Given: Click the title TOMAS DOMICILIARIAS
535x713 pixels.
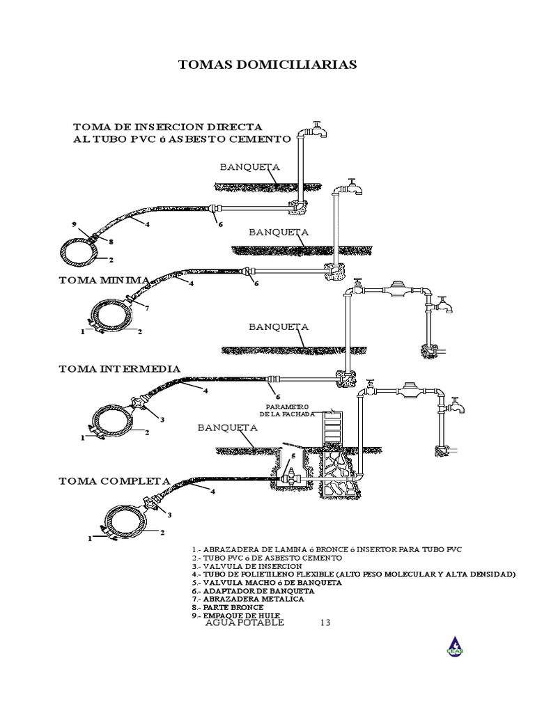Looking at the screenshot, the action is pyautogui.click(x=267, y=65).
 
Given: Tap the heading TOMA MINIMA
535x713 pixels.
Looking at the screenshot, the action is pyautogui.click(x=104, y=280).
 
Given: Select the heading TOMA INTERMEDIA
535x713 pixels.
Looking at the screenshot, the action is pyautogui.click(x=120, y=369).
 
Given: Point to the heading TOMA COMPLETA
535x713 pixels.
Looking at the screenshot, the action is pyautogui.click(x=114, y=481).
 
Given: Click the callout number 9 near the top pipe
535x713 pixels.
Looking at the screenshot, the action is pyautogui.click(x=74, y=224).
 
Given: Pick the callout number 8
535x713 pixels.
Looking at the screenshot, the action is pyautogui.click(x=111, y=242).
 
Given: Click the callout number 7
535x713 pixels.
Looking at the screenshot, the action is pyautogui.click(x=147, y=308).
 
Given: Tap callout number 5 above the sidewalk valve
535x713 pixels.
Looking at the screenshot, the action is pyautogui.click(x=293, y=455).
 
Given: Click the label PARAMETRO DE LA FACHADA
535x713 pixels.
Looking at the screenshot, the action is pyautogui.click(x=287, y=410).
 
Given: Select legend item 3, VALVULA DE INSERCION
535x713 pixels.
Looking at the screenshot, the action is pyautogui.click(x=247, y=566).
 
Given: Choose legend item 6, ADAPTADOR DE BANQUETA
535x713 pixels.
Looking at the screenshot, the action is pyautogui.click(x=253, y=591).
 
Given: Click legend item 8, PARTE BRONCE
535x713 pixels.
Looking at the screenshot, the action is pyautogui.click(x=228, y=607).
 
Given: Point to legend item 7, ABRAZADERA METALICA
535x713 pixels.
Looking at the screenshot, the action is pyautogui.click(x=248, y=599).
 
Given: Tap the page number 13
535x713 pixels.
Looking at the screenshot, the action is pyautogui.click(x=325, y=622).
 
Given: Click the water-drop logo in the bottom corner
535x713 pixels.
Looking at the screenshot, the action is pyautogui.click(x=455, y=646).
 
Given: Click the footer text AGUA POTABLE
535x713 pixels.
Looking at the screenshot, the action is pyautogui.click(x=245, y=622).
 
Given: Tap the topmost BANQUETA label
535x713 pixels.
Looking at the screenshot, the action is pyautogui.click(x=250, y=167).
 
